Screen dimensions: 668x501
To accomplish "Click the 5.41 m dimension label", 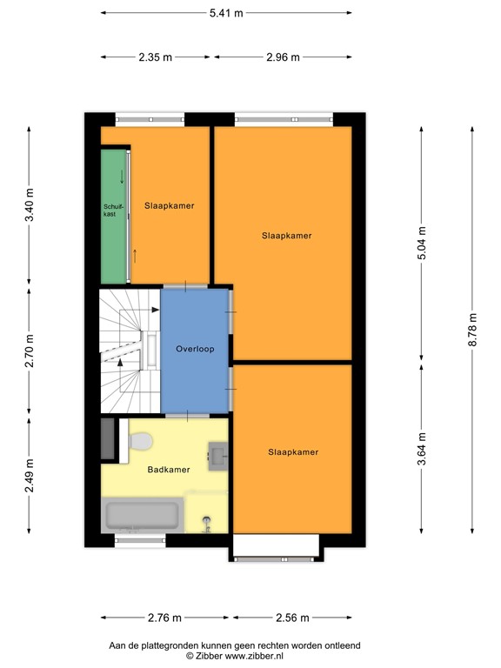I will [x=225, y=12].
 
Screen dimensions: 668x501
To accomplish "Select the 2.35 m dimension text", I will [x=155, y=57].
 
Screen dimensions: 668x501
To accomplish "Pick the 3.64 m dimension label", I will [x=422, y=449].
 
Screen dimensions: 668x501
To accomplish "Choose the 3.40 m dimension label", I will [x=30, y=205].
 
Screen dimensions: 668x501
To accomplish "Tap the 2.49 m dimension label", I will [x=30, y=476].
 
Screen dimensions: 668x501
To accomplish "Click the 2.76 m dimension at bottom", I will [x=164, y=618].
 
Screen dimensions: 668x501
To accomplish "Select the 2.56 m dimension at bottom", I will [x=291, y=618].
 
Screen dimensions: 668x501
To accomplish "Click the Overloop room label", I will [x=195, y=349].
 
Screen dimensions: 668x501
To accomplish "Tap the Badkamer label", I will [x=168, y=470].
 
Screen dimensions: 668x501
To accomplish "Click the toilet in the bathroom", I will [x=141, y=443].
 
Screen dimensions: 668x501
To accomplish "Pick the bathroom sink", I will [x=217, y=452].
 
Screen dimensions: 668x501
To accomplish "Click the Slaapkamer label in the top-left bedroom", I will [x=169, y=206].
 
